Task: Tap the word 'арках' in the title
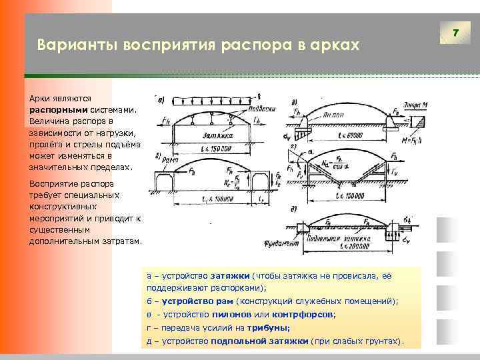pos(336,46)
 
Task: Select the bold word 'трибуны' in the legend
pos(269,327)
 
